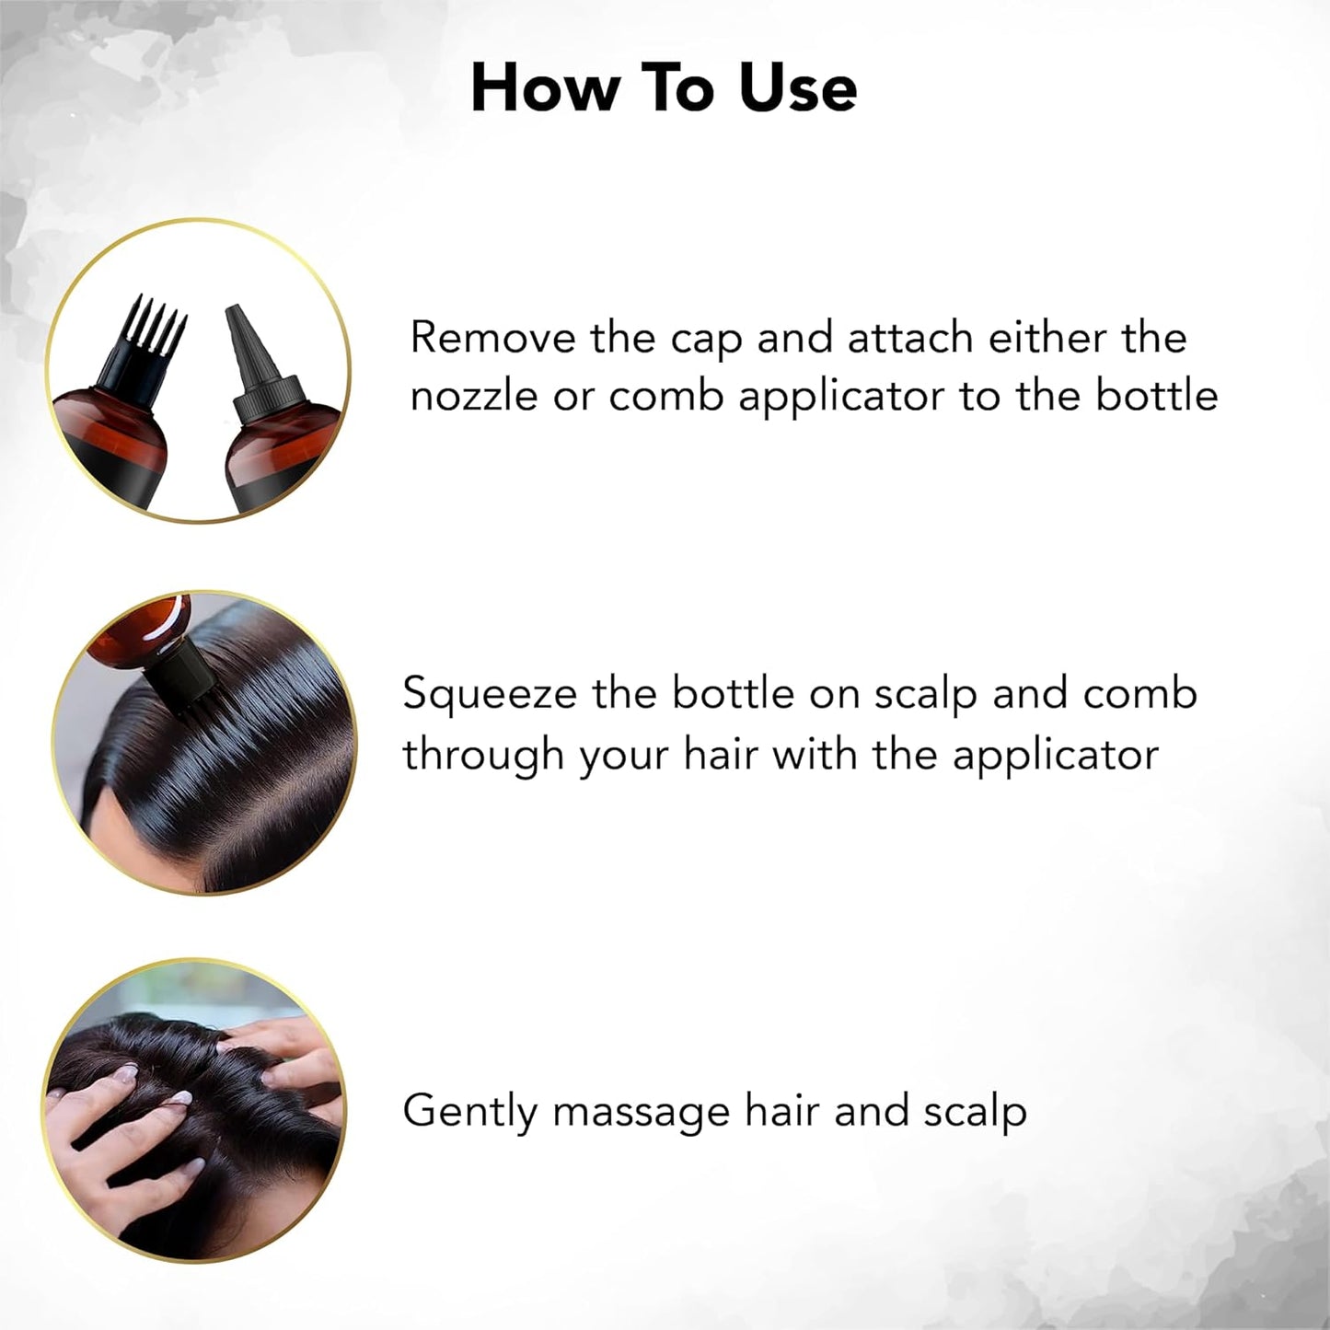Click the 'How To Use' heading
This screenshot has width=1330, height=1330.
664,89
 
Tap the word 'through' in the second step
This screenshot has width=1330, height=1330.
483,756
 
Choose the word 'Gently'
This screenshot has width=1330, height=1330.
469,1112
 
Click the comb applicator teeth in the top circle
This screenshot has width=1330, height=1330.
155,327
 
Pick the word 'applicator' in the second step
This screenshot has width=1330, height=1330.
1055,756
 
